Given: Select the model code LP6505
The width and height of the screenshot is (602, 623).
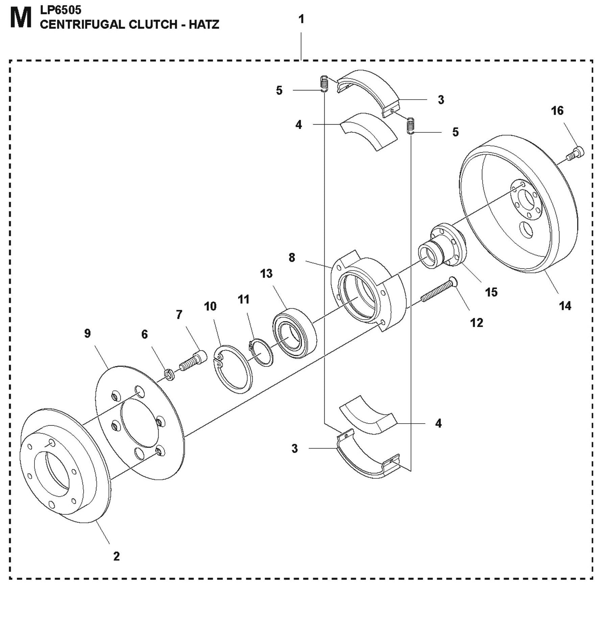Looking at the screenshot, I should tap(61, 10).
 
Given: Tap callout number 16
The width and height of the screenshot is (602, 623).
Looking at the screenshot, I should tap(557, 111).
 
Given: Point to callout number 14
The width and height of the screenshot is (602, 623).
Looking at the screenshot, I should tap(565, 306).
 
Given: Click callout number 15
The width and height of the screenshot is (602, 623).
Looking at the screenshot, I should tap(491, 292).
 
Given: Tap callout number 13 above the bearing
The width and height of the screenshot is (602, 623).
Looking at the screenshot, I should tap(266, 273).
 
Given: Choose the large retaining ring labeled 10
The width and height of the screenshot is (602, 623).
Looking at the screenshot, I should tap(233, 369).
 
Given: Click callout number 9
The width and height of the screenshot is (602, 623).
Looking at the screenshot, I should tap(87, 333).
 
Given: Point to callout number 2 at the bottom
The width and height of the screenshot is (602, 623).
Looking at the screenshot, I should tap(116, 556).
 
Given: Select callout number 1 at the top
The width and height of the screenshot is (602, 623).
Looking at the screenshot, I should tap(301, 19).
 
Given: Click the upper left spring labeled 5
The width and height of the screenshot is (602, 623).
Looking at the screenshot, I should tap(324, 84).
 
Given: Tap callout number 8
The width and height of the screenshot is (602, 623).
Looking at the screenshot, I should tap(292, 258).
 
